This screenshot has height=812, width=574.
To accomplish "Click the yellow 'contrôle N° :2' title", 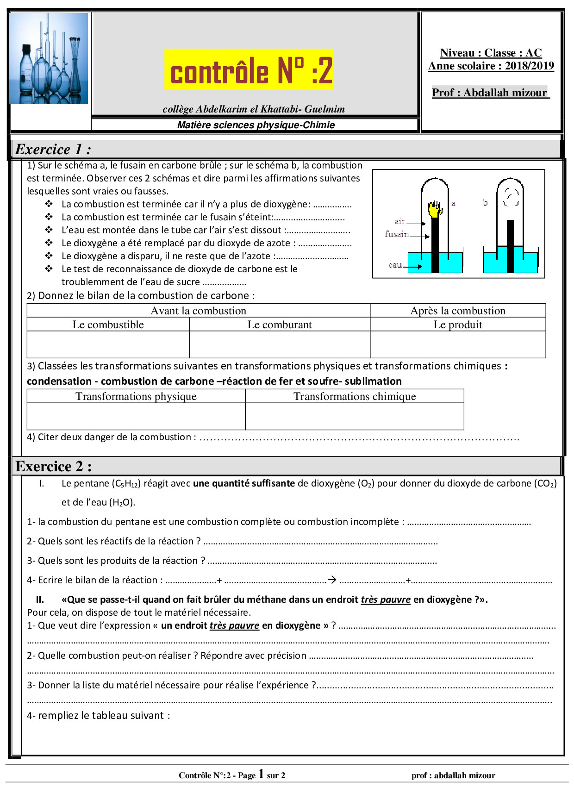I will pyautogui.click(x=249, y=70).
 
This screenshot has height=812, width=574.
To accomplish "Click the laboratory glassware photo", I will pyautogui.click(x=49, y=58).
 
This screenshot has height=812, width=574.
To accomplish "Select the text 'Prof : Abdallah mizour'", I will pyautogui.click(x=490, y=93).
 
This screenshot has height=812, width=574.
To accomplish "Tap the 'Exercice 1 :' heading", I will pyautogui.click(x=53, y=149).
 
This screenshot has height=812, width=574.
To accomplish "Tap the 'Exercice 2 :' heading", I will pyautogui.click(x=54, y=466).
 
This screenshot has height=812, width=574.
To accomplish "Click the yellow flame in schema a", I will pyautogui.click(x=434, y=209).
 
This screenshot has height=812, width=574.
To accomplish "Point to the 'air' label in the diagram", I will pyautogui.click(x=400, y=221).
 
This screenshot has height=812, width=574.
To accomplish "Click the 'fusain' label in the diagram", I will pyautogui.click(x=397, y=234).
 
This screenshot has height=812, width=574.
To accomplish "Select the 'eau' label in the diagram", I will pyautogui.click(x=395, y=265).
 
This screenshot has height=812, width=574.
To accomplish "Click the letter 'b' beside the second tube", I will pyautogui.click(x=485, y=202).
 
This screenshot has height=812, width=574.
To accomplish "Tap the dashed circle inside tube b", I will pyautogui.click(x=511, y=197).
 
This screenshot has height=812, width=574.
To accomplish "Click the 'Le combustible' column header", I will pyautogui.click(x=108, y=325).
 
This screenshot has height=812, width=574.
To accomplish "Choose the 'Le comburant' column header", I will pyautogui.click(x=280, y=325).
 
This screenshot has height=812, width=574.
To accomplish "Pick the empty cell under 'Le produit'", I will pyautogui.click(x=457, y=344).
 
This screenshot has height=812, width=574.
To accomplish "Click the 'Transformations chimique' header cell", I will pyautogui.click(x=355, y=396).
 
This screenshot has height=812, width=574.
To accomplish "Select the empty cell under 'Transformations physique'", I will pyautogui.click(x=136, y=416).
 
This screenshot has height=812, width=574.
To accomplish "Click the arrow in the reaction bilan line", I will pyautogui.click(x=332, y=580).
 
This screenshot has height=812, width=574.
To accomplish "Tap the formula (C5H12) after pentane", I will pyautogui.click(x=125, y=484).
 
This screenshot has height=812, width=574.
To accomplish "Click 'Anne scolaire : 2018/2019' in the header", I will pyautogui.click(x=491, y=66).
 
